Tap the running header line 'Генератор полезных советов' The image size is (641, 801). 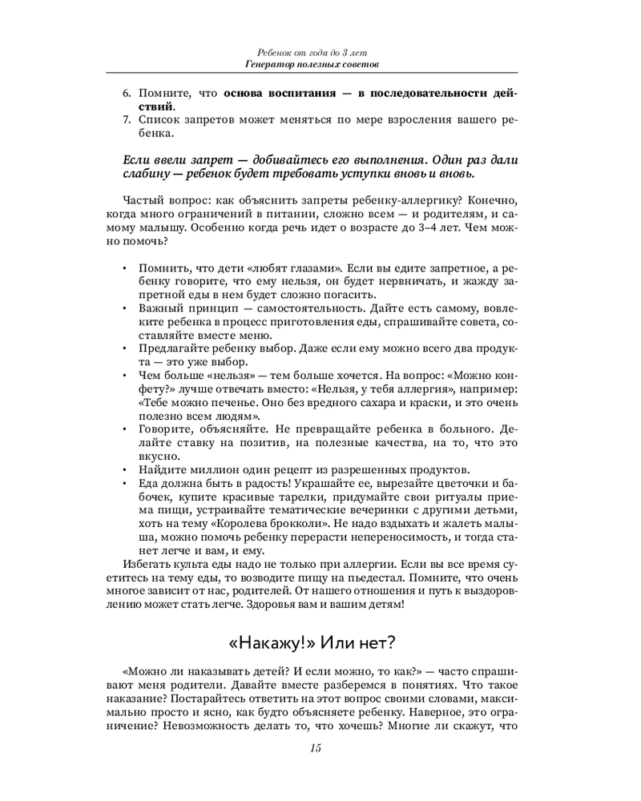click(x=313, y=63)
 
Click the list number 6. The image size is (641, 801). click(x=127, y=93)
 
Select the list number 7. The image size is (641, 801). click(x=127, y=120)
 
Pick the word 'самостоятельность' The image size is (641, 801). click(x=290, y=308)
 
